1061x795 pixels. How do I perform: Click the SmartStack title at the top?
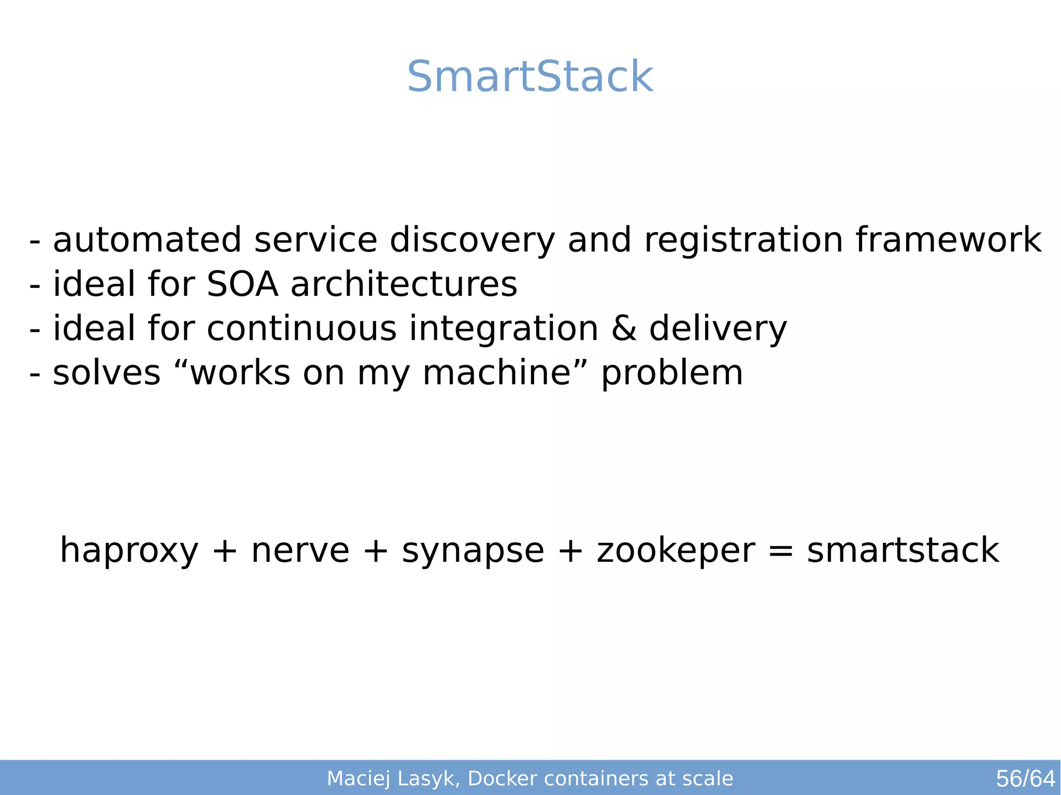(x=530, y=77)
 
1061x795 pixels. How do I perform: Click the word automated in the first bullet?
(x=147, y=240)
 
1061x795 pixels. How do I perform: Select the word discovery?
(x=472, y=241)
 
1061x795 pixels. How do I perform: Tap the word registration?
(x=743, y=241)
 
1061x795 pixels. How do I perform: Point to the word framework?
(x=948, y=240)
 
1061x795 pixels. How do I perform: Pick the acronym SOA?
(x=242, y=284)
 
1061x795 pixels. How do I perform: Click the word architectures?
(x=404, y=284)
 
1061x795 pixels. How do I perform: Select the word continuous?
(x=302, y=329)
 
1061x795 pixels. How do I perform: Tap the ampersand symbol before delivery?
(x=624, y=329)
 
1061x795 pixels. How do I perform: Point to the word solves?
(x=107, y=373)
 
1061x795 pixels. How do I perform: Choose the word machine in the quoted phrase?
(x=497, y=373)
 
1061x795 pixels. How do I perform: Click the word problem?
(x=672, y=374)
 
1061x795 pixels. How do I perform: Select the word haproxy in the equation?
(x=130, y=551)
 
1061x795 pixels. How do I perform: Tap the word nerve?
(x=300, y=551)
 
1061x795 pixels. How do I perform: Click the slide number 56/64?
(x=1025, y=778)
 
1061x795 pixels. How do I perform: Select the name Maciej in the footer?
(x=359, y=778)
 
